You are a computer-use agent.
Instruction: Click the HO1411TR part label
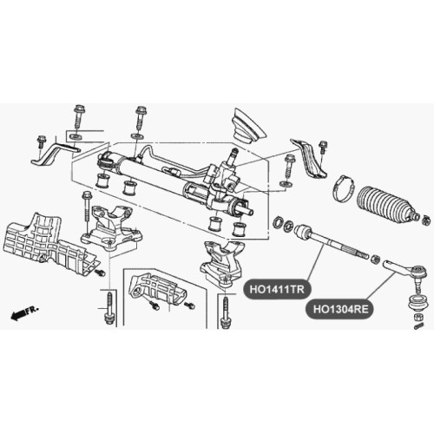pos(277,289)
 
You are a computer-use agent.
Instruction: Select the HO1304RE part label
pos(340,309)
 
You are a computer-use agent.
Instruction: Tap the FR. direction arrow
pos(24,313)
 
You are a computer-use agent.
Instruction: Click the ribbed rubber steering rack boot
pos(388,205)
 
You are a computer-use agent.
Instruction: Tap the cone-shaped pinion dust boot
pos(247,126)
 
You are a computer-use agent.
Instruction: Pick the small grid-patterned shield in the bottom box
pos(158,289)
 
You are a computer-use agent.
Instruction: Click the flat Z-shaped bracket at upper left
pos(54,153)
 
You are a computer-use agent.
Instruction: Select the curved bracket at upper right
pos(308,158)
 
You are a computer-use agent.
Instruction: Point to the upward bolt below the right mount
pos(225,313)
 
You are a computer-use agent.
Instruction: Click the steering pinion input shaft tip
pos(235,152)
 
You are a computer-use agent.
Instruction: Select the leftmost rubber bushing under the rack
pos(102,181)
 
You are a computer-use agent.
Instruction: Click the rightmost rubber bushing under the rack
pos(238,229)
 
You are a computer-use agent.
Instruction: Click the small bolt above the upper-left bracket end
pos(42,143)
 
